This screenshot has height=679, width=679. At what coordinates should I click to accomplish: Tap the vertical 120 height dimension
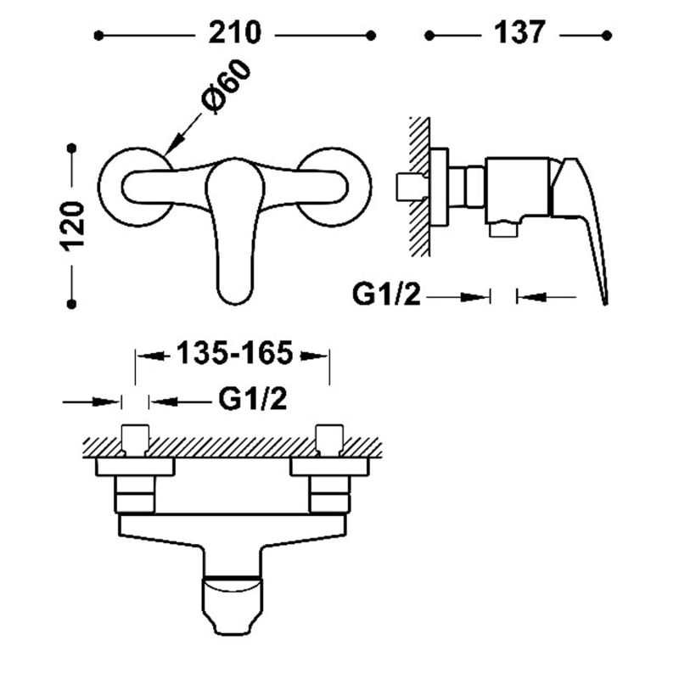click(x=73, y=226)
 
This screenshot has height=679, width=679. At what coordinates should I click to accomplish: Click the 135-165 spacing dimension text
click(x=233, y=353)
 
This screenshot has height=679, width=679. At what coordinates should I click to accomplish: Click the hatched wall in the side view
click(x=418, y=187)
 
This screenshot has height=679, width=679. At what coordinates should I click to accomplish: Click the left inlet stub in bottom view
click(x=136, y=438)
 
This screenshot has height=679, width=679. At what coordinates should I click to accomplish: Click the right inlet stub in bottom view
click(x=329, y=438)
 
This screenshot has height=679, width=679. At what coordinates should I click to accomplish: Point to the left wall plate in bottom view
click(x=136, y=466)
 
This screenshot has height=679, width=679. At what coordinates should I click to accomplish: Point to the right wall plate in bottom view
click(x=329, y=466)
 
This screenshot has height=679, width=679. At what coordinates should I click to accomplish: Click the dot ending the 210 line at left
click(x=99, y=36)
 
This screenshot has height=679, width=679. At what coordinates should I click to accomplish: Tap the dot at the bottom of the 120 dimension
click(x=73, y=303)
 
